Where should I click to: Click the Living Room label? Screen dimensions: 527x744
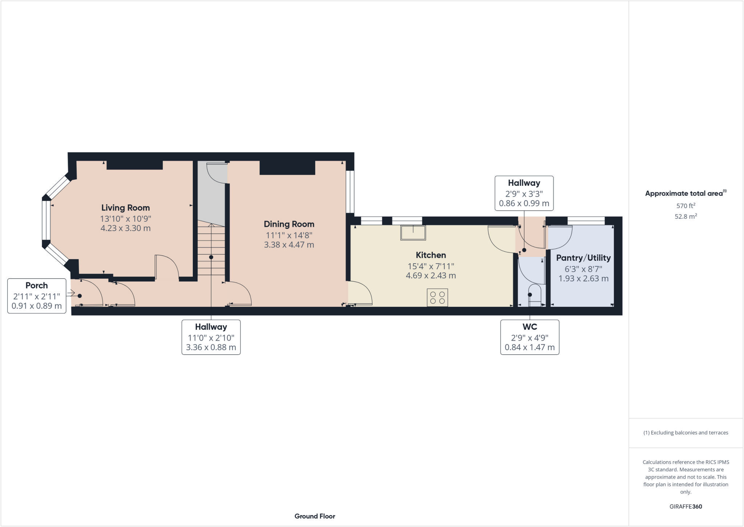tap(125, 208)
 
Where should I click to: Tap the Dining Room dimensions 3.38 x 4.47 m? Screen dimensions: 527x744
tap(289, 245)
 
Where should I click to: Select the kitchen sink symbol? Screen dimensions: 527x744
tap(413, 233)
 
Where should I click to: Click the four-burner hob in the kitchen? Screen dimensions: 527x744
tap(437, 298)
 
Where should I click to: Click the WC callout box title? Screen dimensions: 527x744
tap(530, 327)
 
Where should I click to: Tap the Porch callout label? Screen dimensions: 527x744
tap(37, 286)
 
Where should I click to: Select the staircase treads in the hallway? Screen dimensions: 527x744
tap(211, 251)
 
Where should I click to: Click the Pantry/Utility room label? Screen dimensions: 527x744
tap(583, 258)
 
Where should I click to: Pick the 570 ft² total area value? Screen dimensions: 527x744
tap(686, 205)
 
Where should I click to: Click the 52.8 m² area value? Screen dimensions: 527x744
tap(686, 216)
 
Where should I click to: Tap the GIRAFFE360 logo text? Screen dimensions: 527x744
tap(686, 506)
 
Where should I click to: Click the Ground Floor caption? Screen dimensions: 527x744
tap(315, 516)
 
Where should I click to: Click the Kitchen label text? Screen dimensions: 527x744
tap(431, 255)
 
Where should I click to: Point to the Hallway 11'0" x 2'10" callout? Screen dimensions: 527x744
tap(211, 337)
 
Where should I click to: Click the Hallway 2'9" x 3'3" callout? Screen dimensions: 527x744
tap(524, 193)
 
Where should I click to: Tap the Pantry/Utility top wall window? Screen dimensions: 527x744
tap(586, 220)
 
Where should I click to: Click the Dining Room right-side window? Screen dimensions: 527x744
tap(350, 192)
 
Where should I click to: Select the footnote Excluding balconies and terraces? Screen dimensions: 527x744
tap(686, 433)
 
